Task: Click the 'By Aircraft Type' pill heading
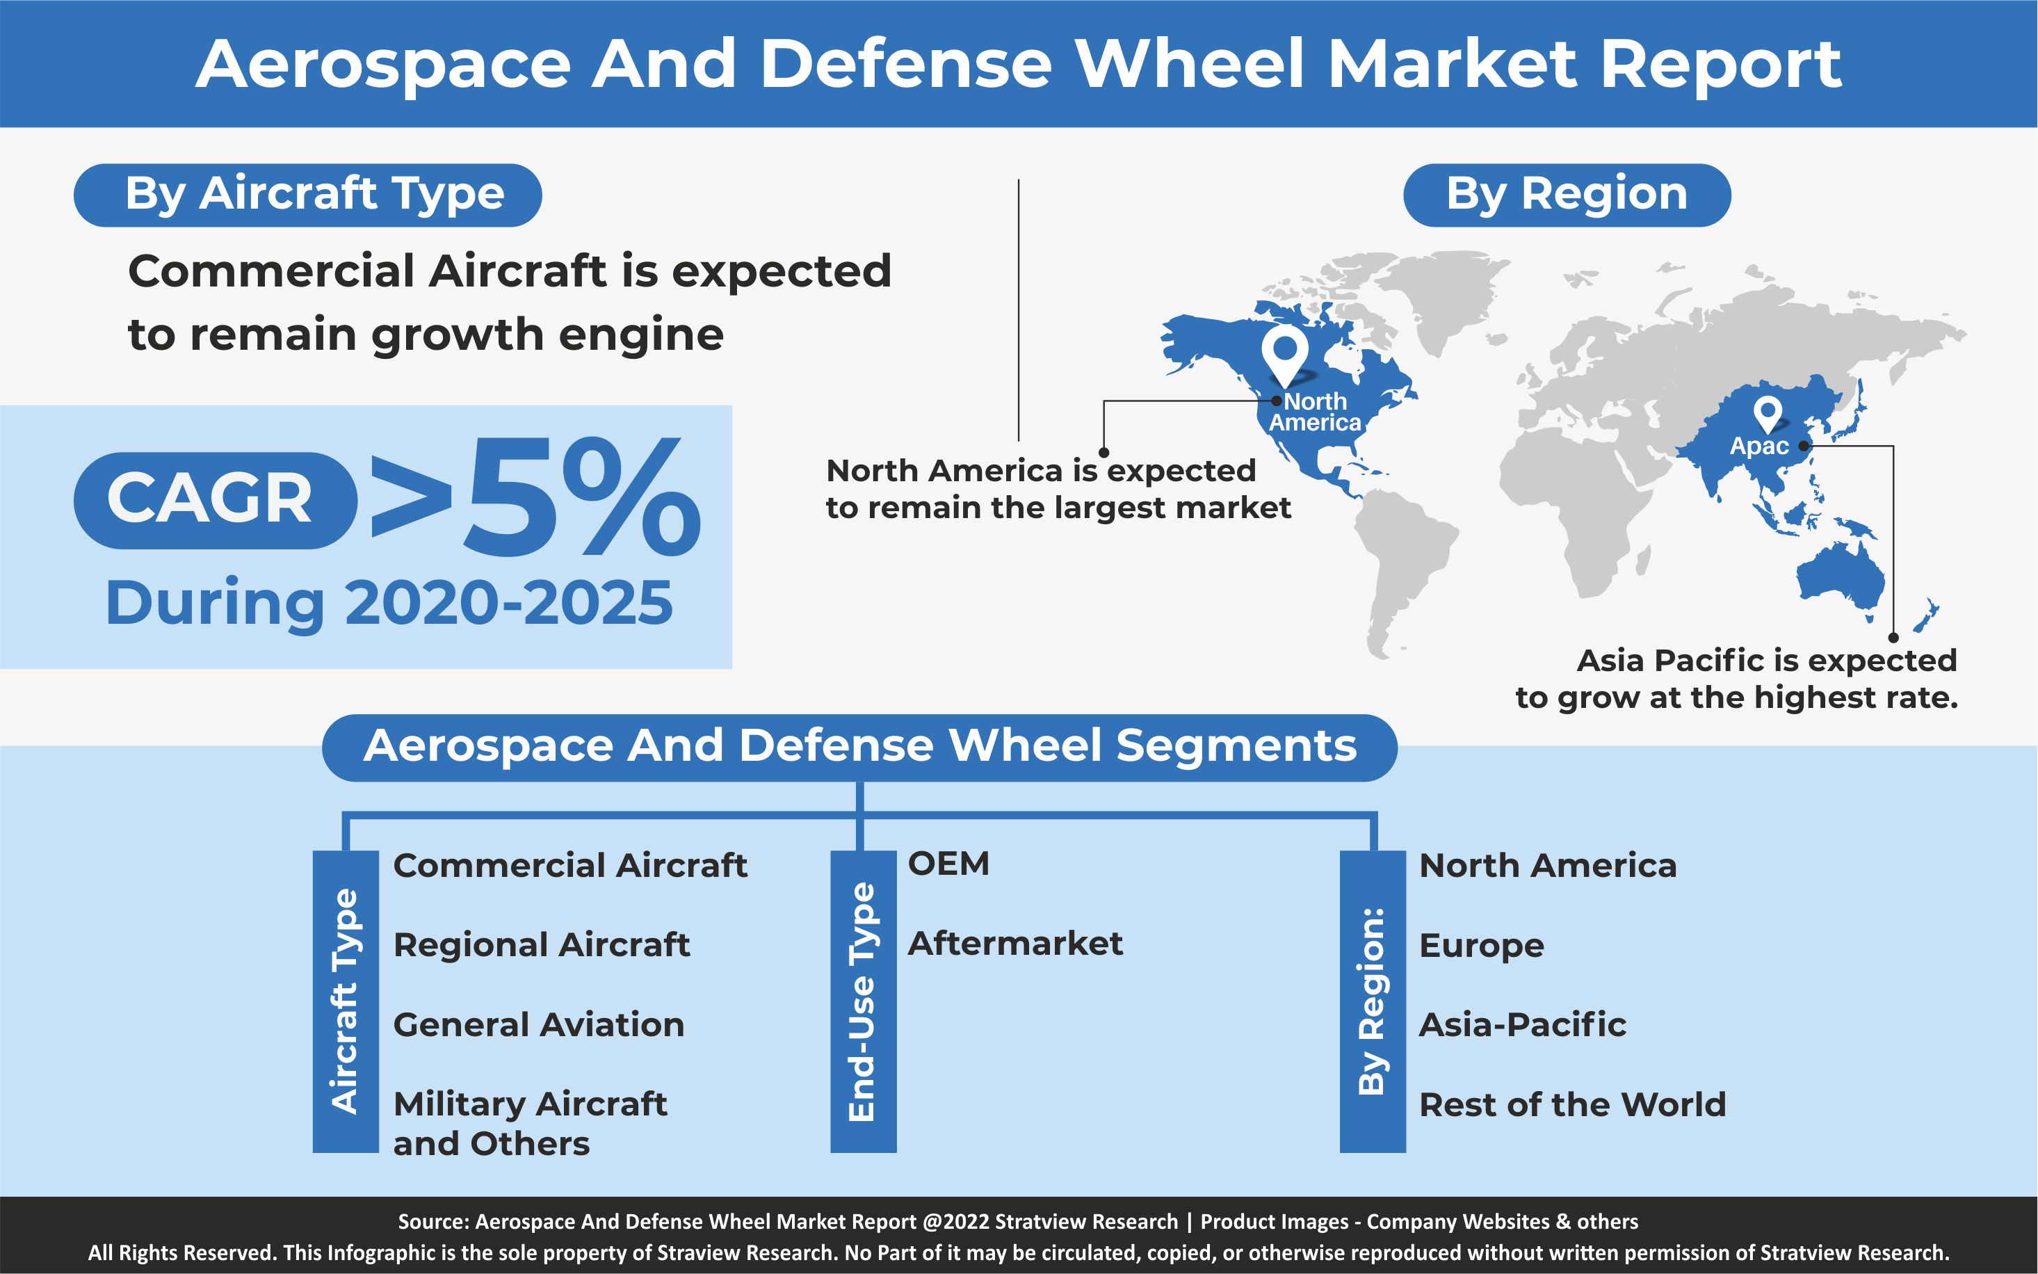point(307,195)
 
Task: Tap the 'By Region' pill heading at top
point(1567,195)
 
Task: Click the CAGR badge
point(215,501)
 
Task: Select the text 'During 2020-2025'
point(389,604)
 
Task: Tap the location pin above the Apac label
point(1768,415)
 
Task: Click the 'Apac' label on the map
point(1759,446)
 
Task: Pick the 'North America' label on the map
point(1315,412)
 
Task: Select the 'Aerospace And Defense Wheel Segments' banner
point(859,748)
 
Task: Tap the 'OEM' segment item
point(948,864)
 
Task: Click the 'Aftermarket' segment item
point(1015,944)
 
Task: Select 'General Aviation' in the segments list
point(539,1024)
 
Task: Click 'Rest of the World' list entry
point(1573,1104)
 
